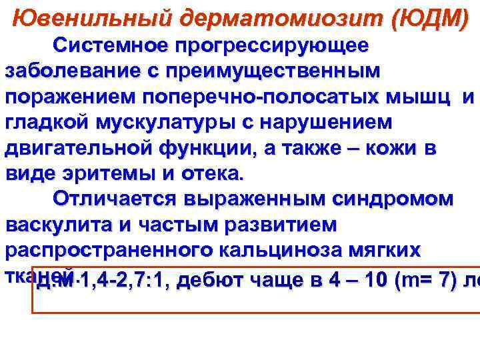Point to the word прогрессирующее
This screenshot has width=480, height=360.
click(271, 45)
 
